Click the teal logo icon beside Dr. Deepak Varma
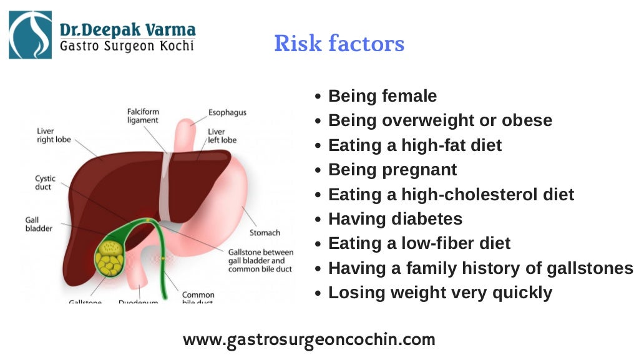31,35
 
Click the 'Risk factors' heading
339,44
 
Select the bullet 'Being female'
382,96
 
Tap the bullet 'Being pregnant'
392,170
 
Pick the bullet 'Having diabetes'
395,219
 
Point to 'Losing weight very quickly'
440,293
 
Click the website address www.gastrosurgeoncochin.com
309,340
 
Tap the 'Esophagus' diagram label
227,113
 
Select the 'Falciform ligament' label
143,115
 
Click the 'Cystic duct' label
45,183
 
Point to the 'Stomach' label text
265,233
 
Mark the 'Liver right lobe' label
54,135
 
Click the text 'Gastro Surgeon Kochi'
127,47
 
